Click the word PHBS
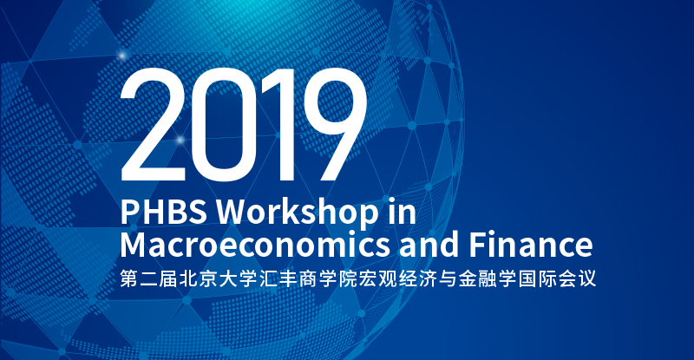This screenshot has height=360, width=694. [x=163, y=211]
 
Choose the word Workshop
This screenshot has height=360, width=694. [x=298, y=211]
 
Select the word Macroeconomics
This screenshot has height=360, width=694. [x=255, y=245]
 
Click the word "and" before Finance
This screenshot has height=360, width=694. [x=429, y=244]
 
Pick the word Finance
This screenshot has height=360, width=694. [x=530, y=244]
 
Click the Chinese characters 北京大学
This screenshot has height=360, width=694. [x=219, y=279]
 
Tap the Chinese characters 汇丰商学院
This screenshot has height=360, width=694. [x=308, y=279]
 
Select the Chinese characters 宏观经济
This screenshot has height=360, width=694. [x=397, y=279]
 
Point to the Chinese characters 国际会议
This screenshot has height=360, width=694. [x=557, y=279]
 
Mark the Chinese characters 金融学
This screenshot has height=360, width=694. [x=488, y=279]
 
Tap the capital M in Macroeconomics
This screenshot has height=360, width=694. [x=134, y=245]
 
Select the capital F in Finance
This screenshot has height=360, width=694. [x=478, y=245]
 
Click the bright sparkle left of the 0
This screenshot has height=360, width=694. [x=180, y=140]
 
